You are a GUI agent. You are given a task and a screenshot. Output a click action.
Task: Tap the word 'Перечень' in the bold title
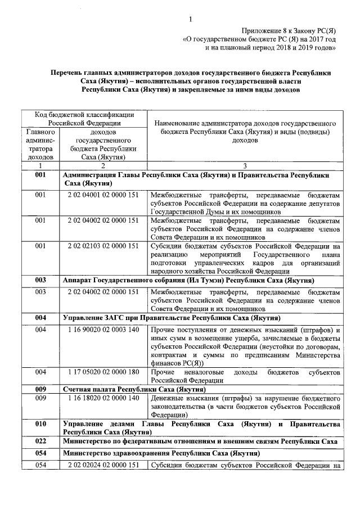(69, 73)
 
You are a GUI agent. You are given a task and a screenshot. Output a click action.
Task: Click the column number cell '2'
(103, 166)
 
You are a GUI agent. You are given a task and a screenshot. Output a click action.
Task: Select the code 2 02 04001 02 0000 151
(103, 195)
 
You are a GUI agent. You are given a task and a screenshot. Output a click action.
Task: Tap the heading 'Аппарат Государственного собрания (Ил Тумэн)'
(188, 280)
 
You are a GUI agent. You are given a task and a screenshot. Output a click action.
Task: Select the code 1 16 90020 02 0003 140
(103, 329)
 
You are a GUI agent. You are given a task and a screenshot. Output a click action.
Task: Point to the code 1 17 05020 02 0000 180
(103, 372)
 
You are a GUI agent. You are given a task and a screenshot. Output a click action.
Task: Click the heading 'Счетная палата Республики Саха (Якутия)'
(133, 389)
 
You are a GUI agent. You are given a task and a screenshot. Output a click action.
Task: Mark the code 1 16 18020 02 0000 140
(103, 398)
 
